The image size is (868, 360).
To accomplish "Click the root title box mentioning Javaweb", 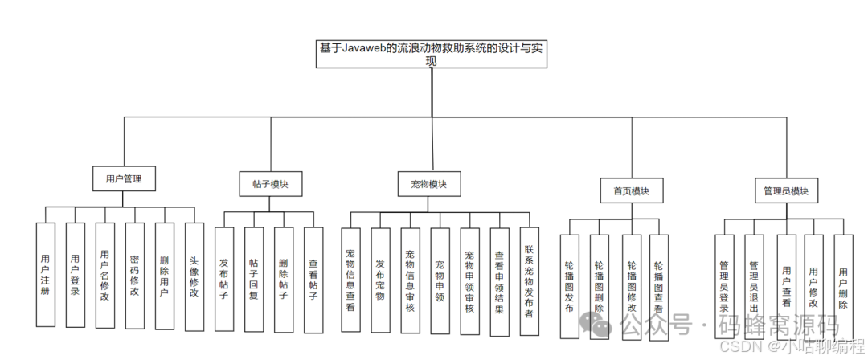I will [x=431, y=55].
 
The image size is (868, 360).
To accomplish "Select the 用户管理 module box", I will [x=123, y=178].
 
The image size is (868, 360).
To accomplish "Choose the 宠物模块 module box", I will [x=429, y=184].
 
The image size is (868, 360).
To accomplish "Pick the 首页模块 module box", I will [x=631, y=191].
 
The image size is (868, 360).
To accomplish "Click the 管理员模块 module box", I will [x=786, y=191].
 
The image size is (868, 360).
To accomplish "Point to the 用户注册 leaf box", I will [x=46, y=275].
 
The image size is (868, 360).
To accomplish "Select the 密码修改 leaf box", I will [x=135, y=275].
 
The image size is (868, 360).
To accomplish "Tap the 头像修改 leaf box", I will [x=194, y=275].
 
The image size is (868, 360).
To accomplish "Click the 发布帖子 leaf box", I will [x=224, y=279].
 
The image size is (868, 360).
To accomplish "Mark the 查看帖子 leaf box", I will [x=313, y=279].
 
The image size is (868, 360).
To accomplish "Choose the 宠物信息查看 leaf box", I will [x=350, y=279].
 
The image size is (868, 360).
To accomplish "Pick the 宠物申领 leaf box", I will [x=440, y=279].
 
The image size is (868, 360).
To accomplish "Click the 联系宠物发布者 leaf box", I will [x=529, y=279].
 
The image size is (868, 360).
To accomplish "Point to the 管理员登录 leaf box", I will [x=724, y=285].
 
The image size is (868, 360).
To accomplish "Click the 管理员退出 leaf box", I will [x=754, y=285].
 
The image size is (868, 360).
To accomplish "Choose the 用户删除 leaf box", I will [x=842, y=285].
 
